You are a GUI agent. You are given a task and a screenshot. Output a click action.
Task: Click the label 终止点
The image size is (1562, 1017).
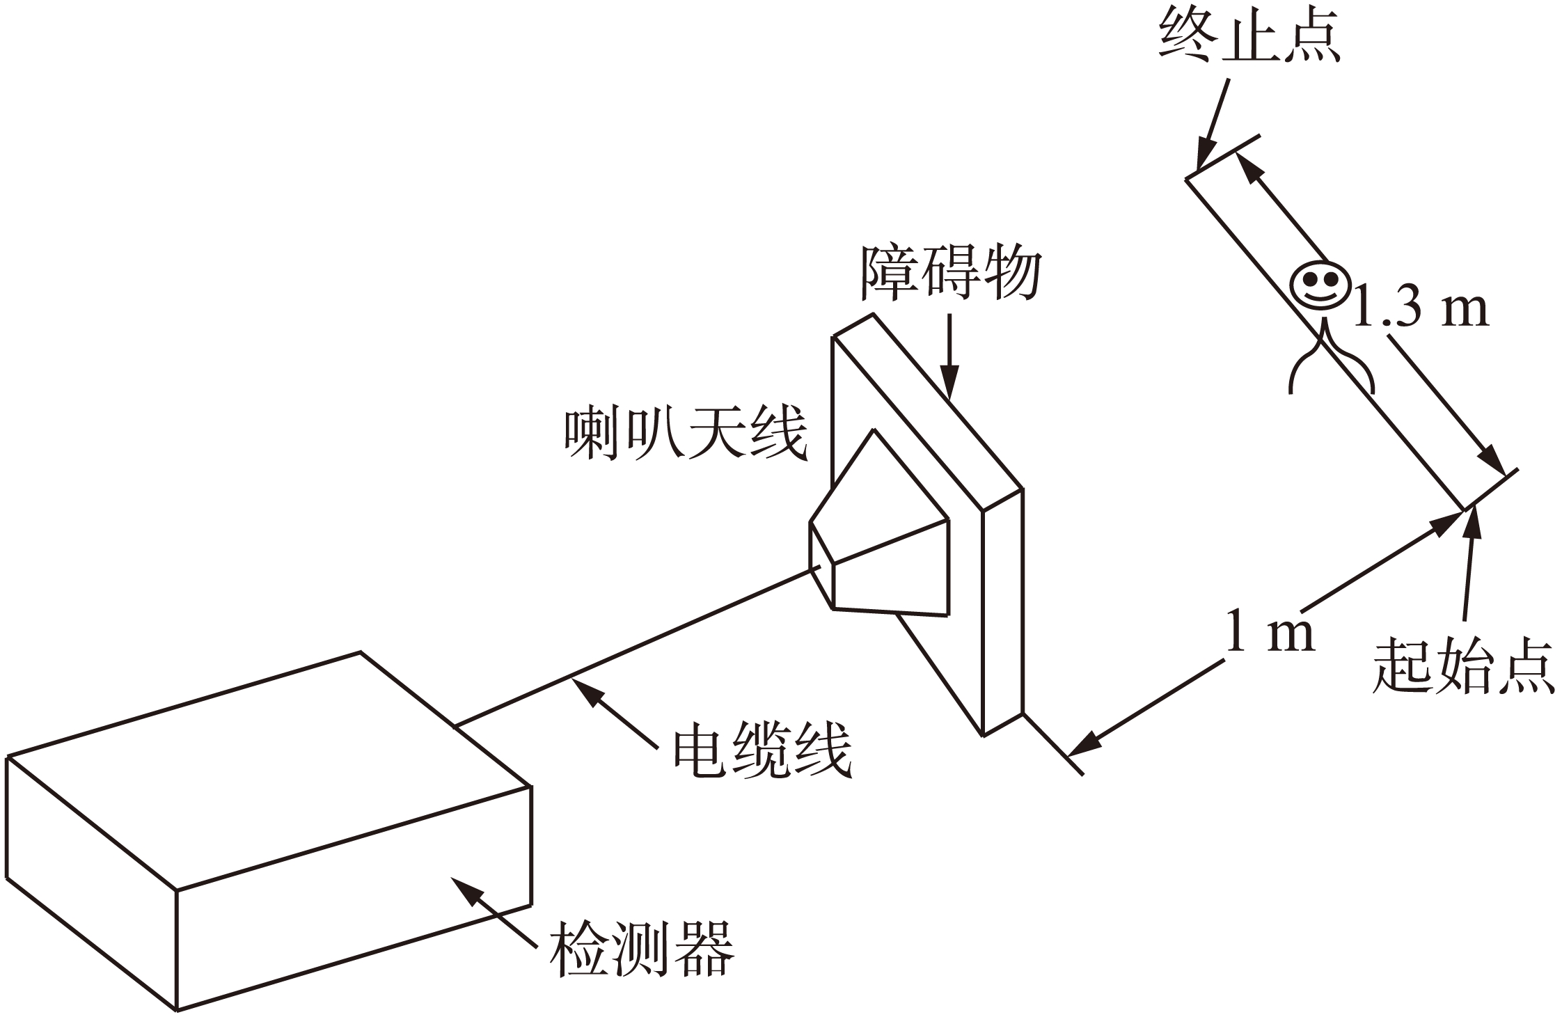coord(1249,36)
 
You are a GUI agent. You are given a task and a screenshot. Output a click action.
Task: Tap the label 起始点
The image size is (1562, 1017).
coord(1463,666)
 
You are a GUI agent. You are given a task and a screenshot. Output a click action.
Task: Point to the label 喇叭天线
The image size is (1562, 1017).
coord(685,434)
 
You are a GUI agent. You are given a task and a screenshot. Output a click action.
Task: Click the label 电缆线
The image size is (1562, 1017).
coord(762,750)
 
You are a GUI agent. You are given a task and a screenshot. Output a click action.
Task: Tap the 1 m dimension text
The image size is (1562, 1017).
coord(1270,632)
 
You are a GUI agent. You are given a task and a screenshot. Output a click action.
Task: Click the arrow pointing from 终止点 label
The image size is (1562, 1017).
coord(1212,125)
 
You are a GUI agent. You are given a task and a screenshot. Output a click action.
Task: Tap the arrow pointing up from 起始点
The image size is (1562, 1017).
coord(1469,564)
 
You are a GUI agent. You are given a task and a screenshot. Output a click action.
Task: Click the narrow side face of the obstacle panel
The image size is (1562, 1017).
coord(1002,613)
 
